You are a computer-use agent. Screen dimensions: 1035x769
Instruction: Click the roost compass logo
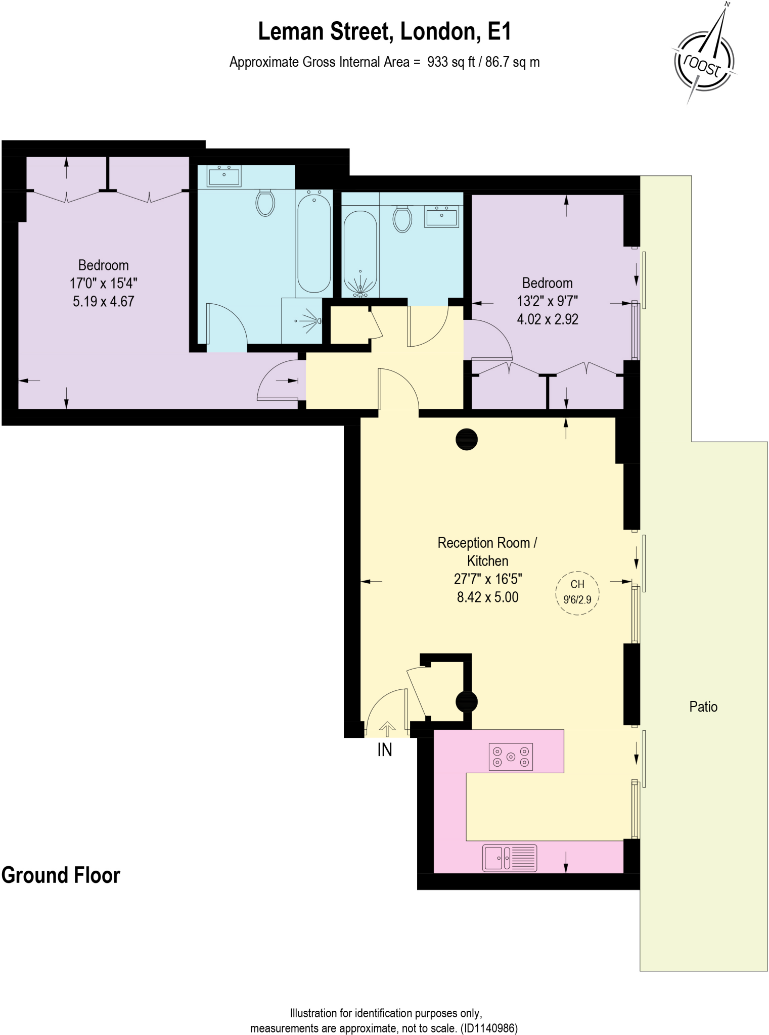point(704,63)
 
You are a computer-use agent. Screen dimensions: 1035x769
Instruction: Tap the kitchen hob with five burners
point(511,757)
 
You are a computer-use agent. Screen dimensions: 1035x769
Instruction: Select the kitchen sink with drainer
point(509,858)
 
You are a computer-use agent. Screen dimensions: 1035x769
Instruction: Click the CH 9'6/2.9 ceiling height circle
point(577,592)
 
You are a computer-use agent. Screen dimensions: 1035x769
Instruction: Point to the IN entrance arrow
point(387,729)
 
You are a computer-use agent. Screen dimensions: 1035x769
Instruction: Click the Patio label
point(703,707)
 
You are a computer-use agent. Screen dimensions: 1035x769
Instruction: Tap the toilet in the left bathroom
point(265,203)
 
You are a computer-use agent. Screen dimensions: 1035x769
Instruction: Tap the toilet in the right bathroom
point(402,219)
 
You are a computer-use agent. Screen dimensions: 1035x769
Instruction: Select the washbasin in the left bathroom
point(224,176)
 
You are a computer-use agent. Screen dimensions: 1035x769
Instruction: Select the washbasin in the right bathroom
point(441,216)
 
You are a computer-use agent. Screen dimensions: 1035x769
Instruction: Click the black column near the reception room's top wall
point(466,439)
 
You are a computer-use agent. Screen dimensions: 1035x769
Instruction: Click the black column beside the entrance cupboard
point(466,701)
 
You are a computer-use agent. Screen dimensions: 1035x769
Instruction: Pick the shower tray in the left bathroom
point(302,320)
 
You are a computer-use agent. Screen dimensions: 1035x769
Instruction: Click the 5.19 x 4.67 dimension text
point(103,302)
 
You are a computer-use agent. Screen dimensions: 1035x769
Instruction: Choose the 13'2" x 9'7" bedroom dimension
point(547,301)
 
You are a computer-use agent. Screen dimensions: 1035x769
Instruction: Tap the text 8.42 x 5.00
point(487,597)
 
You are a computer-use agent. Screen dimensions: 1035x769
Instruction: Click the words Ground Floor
point(61,875)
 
